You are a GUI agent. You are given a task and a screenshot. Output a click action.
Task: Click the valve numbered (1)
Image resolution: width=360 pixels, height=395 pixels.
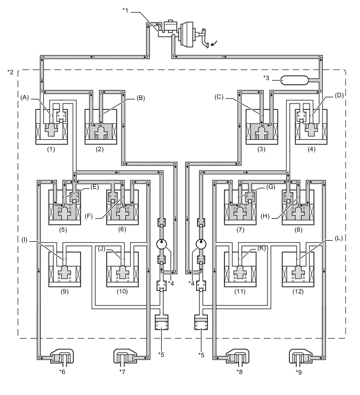(x=51, y=126)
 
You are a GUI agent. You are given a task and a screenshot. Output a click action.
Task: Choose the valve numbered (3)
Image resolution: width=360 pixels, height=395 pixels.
(x=261, y=126)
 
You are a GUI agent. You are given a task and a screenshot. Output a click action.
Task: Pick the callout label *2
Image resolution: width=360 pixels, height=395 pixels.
(x=11, y=71)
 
